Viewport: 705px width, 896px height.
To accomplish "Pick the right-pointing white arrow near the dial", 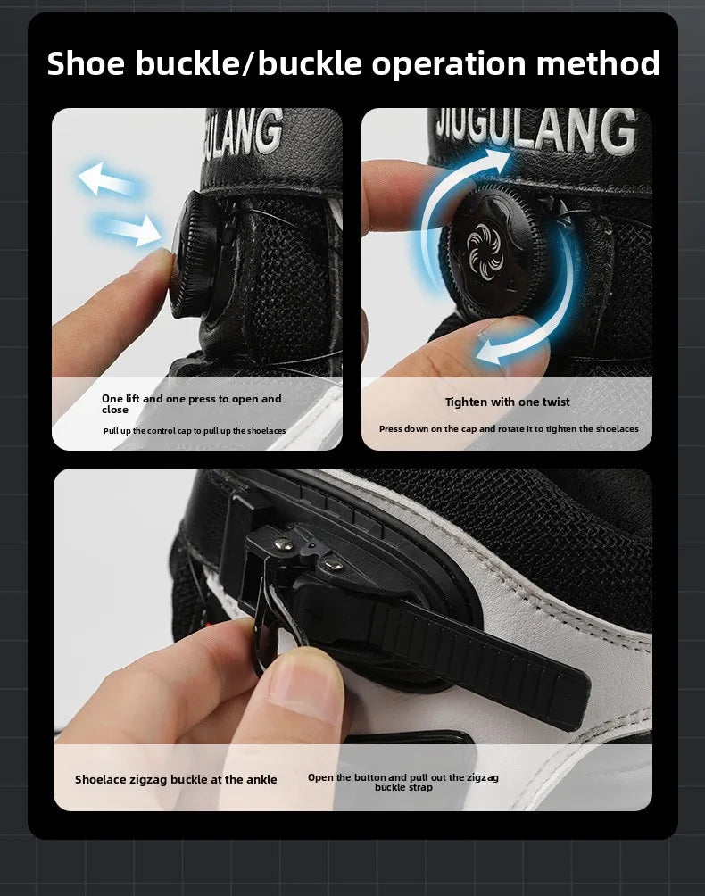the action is coord(129,229).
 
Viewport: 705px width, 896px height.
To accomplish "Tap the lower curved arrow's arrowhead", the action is coord(490,351).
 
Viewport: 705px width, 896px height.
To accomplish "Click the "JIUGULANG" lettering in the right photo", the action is coord(535,132).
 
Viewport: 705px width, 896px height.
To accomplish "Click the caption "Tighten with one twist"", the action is coord(507,402).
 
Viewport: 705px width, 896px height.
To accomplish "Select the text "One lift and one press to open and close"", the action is coord(191,404).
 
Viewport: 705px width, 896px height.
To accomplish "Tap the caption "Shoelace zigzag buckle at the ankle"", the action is coord(176,779).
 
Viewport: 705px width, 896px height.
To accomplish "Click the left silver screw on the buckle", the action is coord(282,544).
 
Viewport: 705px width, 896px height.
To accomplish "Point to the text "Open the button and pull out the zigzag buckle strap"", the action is coord(403,783).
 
